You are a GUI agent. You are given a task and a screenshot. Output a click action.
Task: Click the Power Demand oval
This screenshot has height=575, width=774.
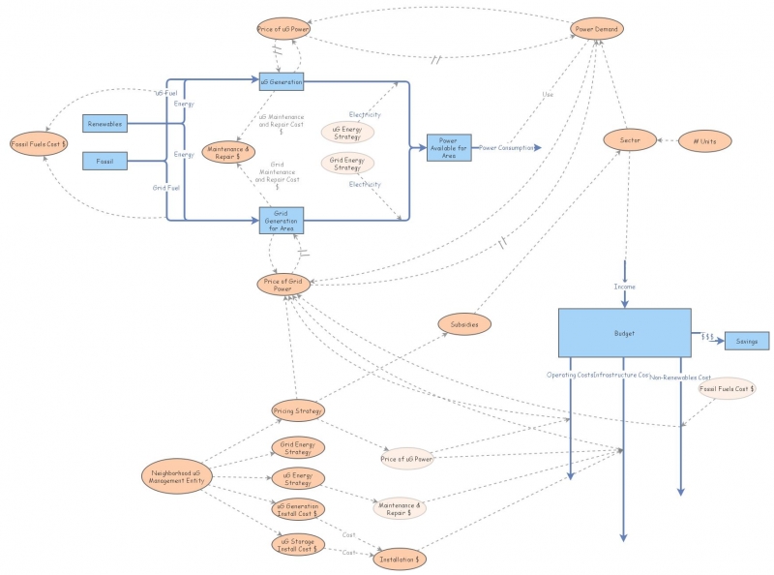click(597, 29)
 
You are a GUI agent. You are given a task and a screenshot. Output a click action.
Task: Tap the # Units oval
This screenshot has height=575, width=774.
click(704, 141)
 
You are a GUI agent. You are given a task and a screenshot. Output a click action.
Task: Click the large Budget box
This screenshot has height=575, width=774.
click(624, 333)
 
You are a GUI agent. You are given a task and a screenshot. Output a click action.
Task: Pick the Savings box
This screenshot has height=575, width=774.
click(746, 341)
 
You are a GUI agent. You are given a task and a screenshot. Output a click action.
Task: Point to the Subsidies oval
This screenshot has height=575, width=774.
click(465, 323)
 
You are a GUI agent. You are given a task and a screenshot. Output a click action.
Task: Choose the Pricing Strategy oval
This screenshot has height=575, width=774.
click(298, 410)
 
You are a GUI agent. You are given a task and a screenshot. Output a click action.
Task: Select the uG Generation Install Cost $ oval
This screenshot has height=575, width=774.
click(298, 508)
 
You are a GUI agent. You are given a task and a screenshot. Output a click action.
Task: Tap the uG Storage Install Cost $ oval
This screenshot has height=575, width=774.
click(298, 545)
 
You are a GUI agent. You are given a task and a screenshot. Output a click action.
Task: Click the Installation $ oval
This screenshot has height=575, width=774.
click(401, 559)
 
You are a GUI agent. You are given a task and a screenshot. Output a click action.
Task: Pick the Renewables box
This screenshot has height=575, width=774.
click(104, 124)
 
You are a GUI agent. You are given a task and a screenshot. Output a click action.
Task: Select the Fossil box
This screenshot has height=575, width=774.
click(104, 160)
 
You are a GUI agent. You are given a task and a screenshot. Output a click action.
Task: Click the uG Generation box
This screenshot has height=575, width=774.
click(282, 82)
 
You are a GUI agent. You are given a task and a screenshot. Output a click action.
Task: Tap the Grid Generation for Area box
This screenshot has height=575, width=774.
click(282, 221)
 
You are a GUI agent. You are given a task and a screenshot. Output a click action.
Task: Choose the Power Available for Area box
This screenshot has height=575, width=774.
click(449, 148)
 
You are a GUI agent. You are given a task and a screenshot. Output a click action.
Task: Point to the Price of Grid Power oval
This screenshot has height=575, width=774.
click(284, 285)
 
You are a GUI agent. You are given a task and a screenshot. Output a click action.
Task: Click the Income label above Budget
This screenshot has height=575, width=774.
click(624, 287)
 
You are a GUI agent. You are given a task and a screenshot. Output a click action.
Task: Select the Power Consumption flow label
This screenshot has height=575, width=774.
click(504, 148)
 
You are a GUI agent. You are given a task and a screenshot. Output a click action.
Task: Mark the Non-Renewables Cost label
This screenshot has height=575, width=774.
click(680, 377)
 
